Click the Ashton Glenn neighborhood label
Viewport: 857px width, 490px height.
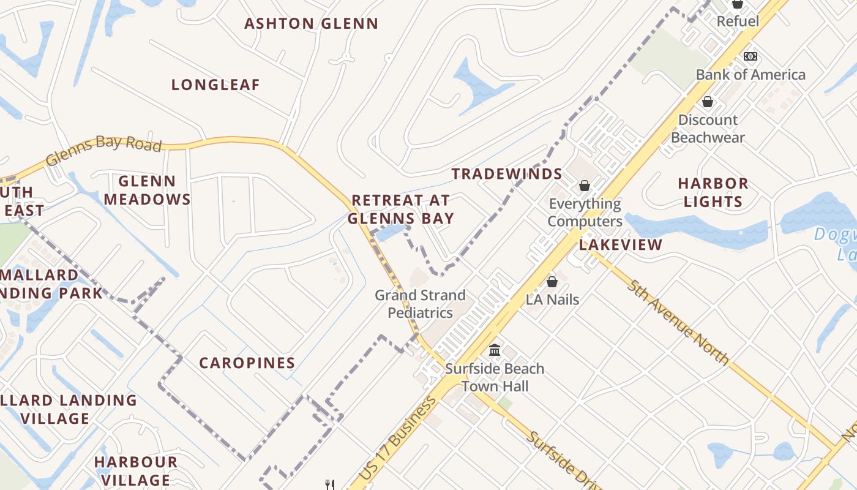pyautogui.click(x=311, y=24)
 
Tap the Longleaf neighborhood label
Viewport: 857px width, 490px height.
pyautogui.click(x=215, y=85)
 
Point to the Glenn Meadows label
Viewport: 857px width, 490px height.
pyautogui.click(x=147, y=190)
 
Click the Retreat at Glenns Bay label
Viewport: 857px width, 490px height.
pyautogui.click(x=401, y=209)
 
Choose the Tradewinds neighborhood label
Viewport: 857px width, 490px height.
pyautogui.click(x=507, y=174)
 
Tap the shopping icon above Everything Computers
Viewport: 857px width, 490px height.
pyautogui.click(x=585, y=185)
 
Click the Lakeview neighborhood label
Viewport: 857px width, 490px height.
pyautogui.click(x=621, y=245)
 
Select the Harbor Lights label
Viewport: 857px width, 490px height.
pyautogui.click(x=713, y=192)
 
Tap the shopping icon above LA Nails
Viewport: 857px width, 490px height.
pyautogui.click(x=552, y=282)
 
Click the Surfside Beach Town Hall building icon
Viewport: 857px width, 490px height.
pyautogui.click(x=495, y=350)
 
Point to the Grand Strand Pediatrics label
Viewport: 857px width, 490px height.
pyautogui.click(x=420, y=304)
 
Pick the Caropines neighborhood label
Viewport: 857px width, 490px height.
pyautogui.click(x=247, y=363)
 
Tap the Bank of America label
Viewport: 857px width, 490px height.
pyautogui.click(x=750, y=75)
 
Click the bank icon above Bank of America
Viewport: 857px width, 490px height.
pyautogui.click(x=750, y=56)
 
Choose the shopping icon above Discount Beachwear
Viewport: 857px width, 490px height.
pyautogui.click(x=708, y=102)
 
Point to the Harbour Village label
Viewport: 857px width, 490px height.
pyautogui.click(x=136, y=470)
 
